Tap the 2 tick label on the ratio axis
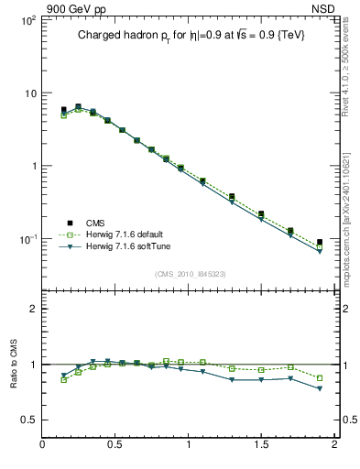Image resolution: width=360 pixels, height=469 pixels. [33, 309]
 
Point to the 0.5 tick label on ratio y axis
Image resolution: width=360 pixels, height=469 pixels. [28, 420]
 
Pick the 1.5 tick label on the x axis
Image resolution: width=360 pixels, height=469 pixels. [262, 446]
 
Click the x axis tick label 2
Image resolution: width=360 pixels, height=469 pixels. [334, 446]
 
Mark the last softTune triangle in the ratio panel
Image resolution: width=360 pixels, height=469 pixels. [320, 388]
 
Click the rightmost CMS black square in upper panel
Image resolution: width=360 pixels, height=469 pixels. [320, 242]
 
